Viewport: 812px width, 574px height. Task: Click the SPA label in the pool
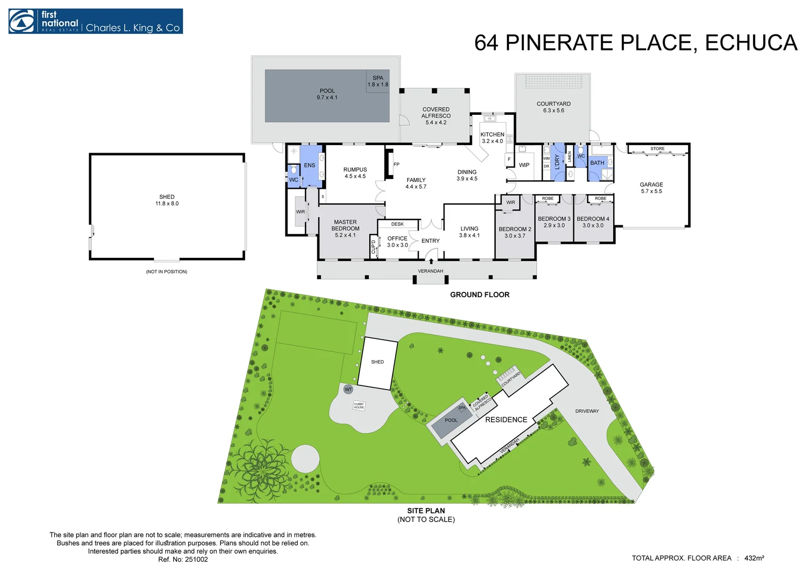[378, 78]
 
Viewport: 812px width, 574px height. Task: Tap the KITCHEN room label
[492, 134]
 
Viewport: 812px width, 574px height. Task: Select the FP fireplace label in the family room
[396, 164]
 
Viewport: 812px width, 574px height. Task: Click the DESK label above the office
[397, 224]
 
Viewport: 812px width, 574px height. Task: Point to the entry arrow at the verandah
[431, 261]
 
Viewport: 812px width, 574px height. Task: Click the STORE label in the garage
[657, 149]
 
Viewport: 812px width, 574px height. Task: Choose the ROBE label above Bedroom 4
[600, 199]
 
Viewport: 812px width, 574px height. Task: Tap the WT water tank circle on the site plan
[348, 390]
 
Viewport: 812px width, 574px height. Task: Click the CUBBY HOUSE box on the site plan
[359, 406]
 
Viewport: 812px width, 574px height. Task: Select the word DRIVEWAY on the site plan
[587, 411]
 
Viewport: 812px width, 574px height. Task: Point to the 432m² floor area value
[754, 558]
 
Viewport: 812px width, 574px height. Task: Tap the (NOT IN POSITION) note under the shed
[166, 272]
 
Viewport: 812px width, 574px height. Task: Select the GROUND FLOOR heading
[479, 294]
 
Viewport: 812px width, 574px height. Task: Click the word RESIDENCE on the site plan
[506, 419]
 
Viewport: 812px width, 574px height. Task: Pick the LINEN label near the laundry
[570, 156]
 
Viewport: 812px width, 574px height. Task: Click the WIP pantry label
[524, 165]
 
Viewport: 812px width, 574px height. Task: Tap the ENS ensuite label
[309, 165]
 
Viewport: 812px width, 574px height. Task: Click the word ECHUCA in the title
[751, 43]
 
